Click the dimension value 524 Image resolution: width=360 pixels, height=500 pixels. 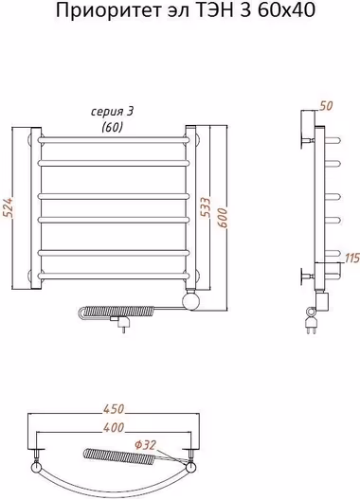[x=9, y=208]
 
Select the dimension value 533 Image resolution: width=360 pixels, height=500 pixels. [x=207, y=207]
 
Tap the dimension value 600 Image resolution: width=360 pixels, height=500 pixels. [x=223, y=218]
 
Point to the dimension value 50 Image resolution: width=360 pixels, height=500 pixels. [x=326, y=106]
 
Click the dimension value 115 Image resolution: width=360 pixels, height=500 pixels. [x=352, y=258]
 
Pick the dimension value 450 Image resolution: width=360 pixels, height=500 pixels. [x=114, y=409]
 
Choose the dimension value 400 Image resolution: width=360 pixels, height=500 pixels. [x=114, y=427]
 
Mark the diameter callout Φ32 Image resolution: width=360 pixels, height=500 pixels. [x=145, y=445]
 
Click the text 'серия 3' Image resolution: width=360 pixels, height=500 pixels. [x=113, y=112]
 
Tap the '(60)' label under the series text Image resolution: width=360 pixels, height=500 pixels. [x=112, y=127]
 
